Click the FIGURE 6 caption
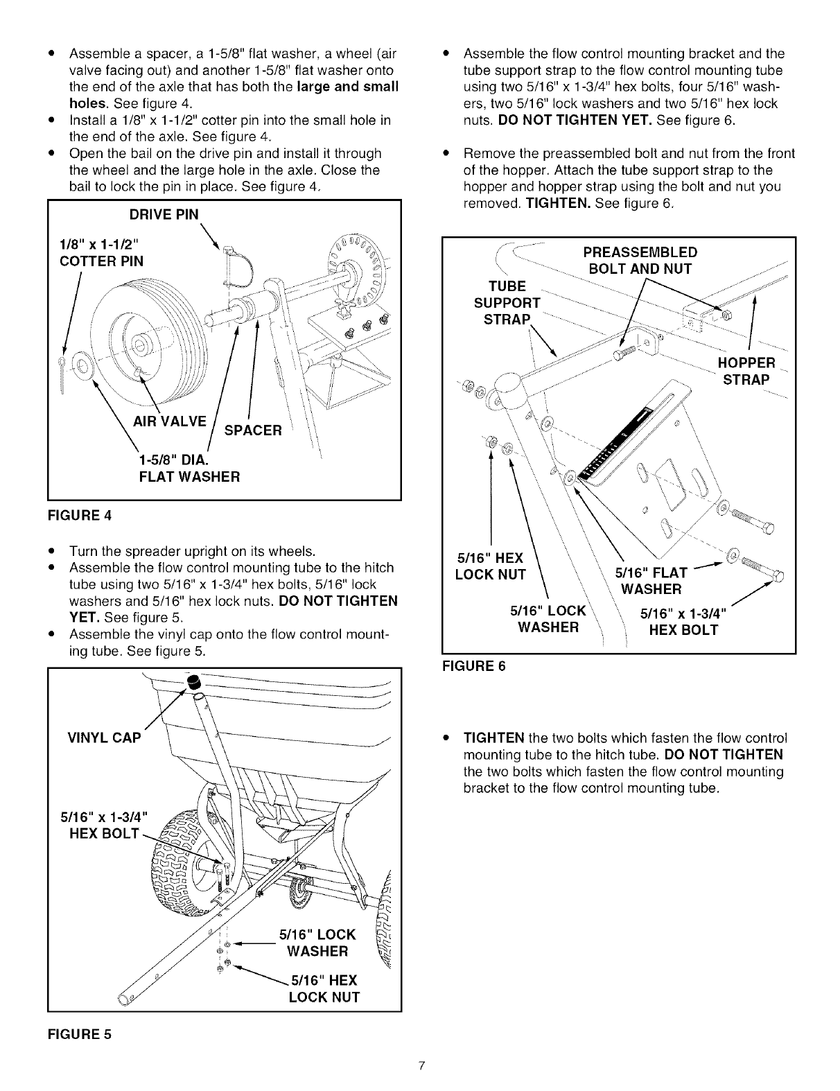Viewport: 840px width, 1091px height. [473, 666]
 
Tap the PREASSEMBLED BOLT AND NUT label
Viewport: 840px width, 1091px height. [639, 261]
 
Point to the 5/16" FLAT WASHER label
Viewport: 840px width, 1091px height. [651, 581]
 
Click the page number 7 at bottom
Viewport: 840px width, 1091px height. [420, 1065]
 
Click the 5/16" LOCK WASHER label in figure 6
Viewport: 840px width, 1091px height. [548, 619]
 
